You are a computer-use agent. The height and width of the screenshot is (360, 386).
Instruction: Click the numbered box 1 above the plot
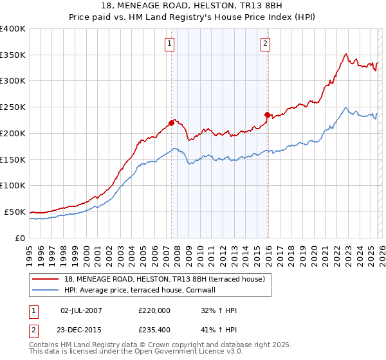point(169,44)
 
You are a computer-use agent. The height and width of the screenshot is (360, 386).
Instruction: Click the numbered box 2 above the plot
point(265,44)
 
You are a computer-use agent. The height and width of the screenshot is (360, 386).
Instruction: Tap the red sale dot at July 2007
point(172,123)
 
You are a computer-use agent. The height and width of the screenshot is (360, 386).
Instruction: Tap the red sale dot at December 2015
point(268,114)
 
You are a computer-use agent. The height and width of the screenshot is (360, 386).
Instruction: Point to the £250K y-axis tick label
point(12,107)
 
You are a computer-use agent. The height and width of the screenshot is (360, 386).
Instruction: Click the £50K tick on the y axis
point(15,212)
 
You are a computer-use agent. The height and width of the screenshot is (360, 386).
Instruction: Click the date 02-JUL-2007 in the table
point(81,310)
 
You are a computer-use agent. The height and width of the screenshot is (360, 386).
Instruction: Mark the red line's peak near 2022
point(346,54)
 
